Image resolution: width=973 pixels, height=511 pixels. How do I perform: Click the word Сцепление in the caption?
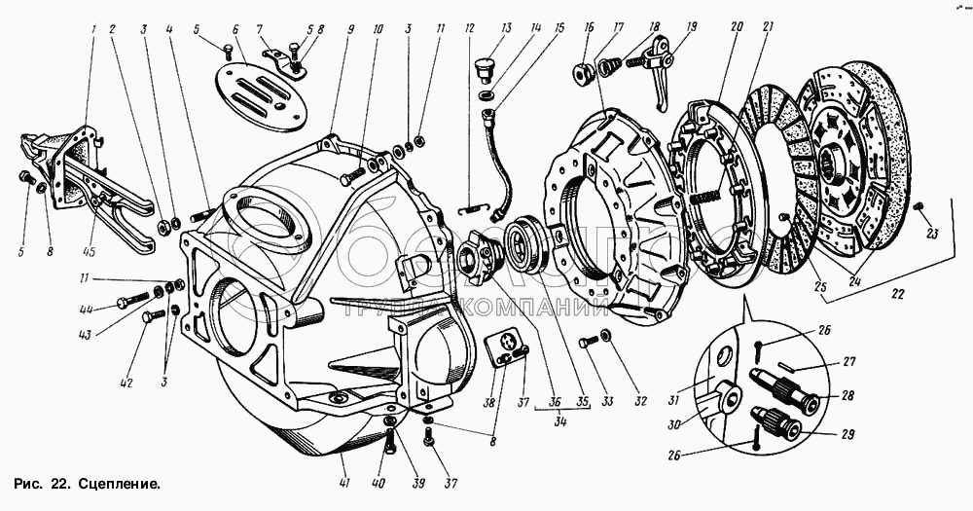[x=118, y=482]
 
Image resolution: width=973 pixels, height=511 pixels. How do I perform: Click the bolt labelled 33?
[x=587, y=342]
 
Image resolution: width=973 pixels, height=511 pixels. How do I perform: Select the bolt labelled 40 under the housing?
[x=390, y=444]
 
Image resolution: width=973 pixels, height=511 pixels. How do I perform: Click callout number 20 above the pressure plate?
[x=736, y=30]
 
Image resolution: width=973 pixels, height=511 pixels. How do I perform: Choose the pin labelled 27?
[x=801, y=366]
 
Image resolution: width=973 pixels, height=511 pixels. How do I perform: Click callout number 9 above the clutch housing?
[x=349, y=30]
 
